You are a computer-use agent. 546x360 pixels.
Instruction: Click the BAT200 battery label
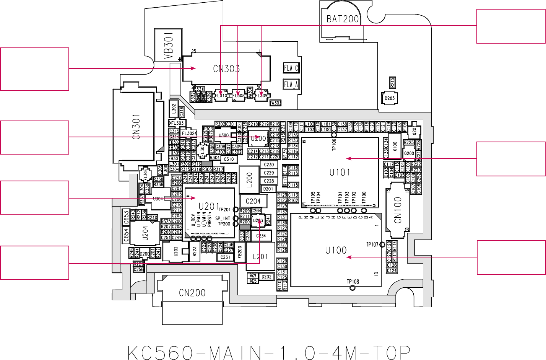pyautogui.click(x=343, y=19)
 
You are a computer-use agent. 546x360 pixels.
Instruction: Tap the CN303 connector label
pyautogui.click(x=226, y=69)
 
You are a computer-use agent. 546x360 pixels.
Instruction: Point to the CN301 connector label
pyautogui.click(x=136, y=127)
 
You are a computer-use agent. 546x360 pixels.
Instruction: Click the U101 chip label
pyautogui.click(x=340, y=173)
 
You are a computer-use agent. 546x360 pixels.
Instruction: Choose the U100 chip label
pyautogui.click(x=336, y=251)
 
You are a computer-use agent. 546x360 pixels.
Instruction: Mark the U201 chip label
pyautogui.click(x=209, y=207)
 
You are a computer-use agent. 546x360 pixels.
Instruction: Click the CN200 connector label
pyautogui.click(x=192, y=293)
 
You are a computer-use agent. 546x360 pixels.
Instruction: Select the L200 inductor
pyautogui.click(x=249, y=180)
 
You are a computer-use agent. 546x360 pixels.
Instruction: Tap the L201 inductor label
pyautogui.click(x=260, y=257)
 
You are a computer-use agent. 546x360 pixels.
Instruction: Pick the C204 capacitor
pyautogui.click(x=253, y=201)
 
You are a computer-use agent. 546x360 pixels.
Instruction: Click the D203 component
pyautogui.click(x=390, y=98)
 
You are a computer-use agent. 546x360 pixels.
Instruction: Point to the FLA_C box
pyautogui.click(x=291, y=68)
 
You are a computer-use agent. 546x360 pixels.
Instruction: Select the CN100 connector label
pyautogui.click(x=398, y=210)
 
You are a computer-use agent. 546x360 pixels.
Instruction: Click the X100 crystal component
pyautogui.click(x=395, y=146)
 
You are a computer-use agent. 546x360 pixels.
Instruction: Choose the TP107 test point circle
pyautogui.click(x=382, y=244)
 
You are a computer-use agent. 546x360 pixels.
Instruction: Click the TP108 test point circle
pyautogui.click(x=353, y=288)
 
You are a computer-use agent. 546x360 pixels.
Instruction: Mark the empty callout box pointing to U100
pyautogui.click(x=511, y=257)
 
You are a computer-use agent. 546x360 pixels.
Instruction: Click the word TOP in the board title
pyautogui.click(x=391, y=352)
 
